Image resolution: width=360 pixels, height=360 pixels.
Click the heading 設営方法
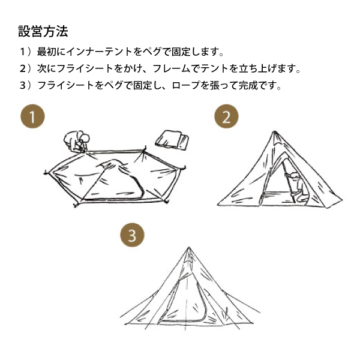point(43,31)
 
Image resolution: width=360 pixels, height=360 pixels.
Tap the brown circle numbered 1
point(32,116)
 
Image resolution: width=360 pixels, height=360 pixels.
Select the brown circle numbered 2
point(226,116)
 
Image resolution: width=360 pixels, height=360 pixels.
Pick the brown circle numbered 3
point(132,235)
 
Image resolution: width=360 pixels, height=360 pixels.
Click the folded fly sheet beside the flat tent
point(172,139)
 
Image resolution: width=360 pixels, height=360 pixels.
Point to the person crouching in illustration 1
point(76,141)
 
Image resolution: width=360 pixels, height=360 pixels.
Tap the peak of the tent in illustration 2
point(274,131)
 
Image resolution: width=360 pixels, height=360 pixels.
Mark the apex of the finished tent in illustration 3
point(189,247)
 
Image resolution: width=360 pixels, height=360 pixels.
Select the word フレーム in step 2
point(171,68)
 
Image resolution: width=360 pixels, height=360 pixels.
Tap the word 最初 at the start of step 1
point(47,52)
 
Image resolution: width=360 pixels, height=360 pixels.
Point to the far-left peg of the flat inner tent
point(47,172)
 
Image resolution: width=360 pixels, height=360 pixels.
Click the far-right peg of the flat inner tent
point(184,167)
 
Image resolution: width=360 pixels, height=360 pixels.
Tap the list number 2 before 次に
point(23,68)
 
